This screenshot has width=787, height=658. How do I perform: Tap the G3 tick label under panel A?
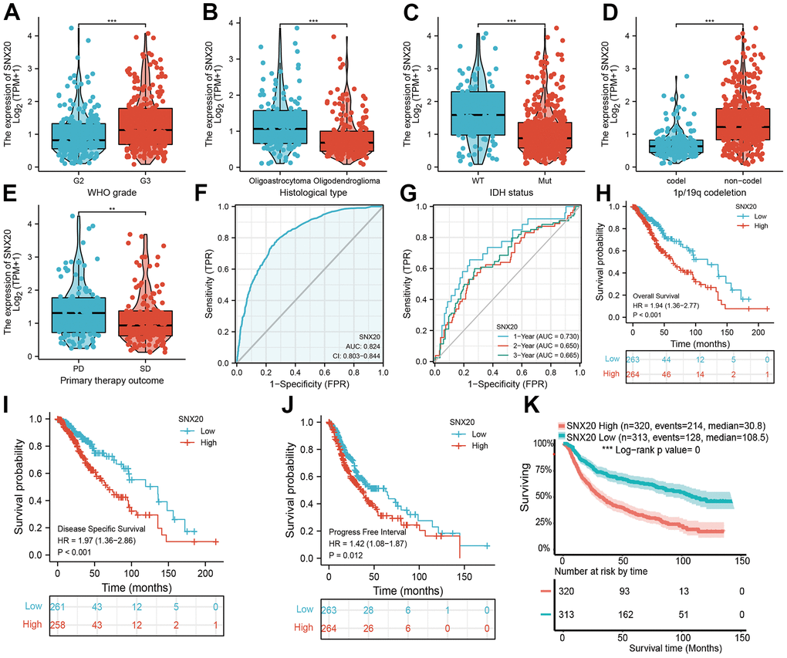click(x=144, y=182)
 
